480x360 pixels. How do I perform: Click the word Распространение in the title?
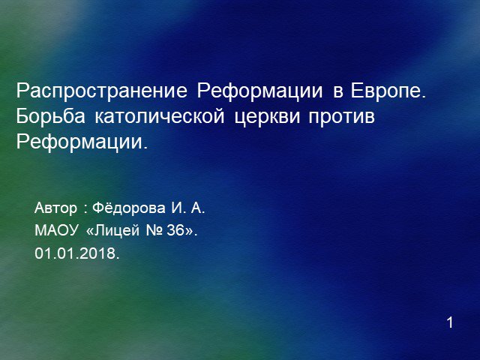[x=102, y=91]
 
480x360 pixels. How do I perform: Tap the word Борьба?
[x=50, y=117]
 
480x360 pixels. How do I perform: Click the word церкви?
[x=267, y=118]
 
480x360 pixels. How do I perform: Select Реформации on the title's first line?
[x=259, y=91]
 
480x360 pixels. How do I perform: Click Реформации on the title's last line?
[x=79, y=142]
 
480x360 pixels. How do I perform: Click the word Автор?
[x=55, y=208]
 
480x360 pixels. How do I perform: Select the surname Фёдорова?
[x=129, y=208]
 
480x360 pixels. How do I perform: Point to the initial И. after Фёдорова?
[x=178, y=208]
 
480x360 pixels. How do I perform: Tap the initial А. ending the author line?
[x=197, y=208]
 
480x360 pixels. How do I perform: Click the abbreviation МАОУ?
[x=57, y=230]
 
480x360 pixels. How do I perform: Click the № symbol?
[x=155, y=230]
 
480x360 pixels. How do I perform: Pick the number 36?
[x=175, y=230]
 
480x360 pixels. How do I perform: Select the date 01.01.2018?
[x=76, y=253]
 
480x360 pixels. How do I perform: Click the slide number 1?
[x=450, y=322]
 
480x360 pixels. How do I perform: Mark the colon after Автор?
[x=85, y=209]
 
